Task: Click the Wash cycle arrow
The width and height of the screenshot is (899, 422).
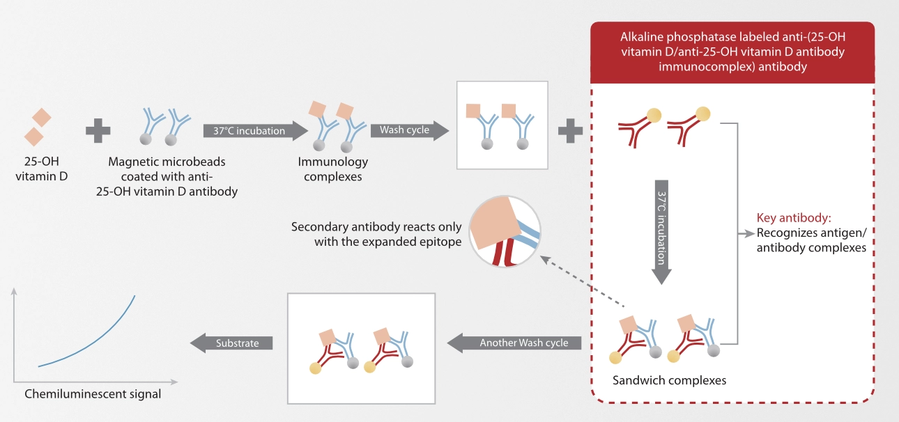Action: coord(409,130)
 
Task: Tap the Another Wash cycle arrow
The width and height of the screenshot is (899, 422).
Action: coord(514,343)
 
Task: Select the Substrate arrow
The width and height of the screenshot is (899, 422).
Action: coord(231,343)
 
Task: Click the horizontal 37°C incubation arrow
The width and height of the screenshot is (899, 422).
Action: coord(256,130)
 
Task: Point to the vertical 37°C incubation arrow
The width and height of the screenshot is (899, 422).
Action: coord(661,233)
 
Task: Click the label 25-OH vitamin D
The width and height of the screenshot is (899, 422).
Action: coord(41,169)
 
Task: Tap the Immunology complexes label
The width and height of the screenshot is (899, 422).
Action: coord(332,169)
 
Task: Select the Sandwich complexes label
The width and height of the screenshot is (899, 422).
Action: coord(669,380)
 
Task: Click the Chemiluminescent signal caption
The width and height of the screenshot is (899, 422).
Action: coord(93,394)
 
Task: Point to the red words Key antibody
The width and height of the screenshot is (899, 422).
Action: coord(794,218)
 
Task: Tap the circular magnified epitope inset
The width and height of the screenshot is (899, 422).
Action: coord(505,231)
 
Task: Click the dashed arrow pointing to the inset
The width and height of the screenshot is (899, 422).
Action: coord(583,281)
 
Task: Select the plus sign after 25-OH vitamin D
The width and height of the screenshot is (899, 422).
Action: coord(98,131)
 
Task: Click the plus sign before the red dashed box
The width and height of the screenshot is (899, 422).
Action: coord(570,131)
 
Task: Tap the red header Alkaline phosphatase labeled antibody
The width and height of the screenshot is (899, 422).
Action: coord(732,52)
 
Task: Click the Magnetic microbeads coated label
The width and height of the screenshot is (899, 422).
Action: coord(167,176)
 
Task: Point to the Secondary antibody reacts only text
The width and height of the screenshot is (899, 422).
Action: coord(376,234)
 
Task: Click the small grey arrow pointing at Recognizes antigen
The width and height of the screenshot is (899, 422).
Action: coord(746,233)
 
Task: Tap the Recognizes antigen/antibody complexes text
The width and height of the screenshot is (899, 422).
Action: coord(811,240)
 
